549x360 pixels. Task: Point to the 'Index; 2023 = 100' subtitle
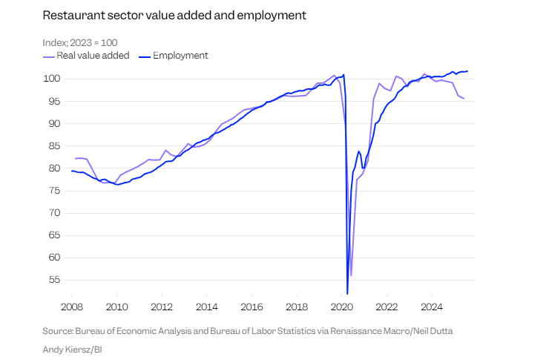(x=79, y=42)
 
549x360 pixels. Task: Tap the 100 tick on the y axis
(x=51, y=79)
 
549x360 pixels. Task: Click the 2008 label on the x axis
(x=71, y=306)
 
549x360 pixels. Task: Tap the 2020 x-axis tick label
(x=341, y=306)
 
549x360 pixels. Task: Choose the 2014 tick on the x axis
(x=206, y=306)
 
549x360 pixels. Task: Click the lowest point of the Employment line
(x=347, y=293)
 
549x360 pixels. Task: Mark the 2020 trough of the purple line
(x=351, y=275)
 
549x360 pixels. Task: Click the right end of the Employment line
(x=467, y=71)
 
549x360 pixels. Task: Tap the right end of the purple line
(x=464, y=98)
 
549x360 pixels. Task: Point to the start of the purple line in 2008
(x=76, y=158)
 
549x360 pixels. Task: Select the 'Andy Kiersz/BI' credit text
(x=73, y=347)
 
